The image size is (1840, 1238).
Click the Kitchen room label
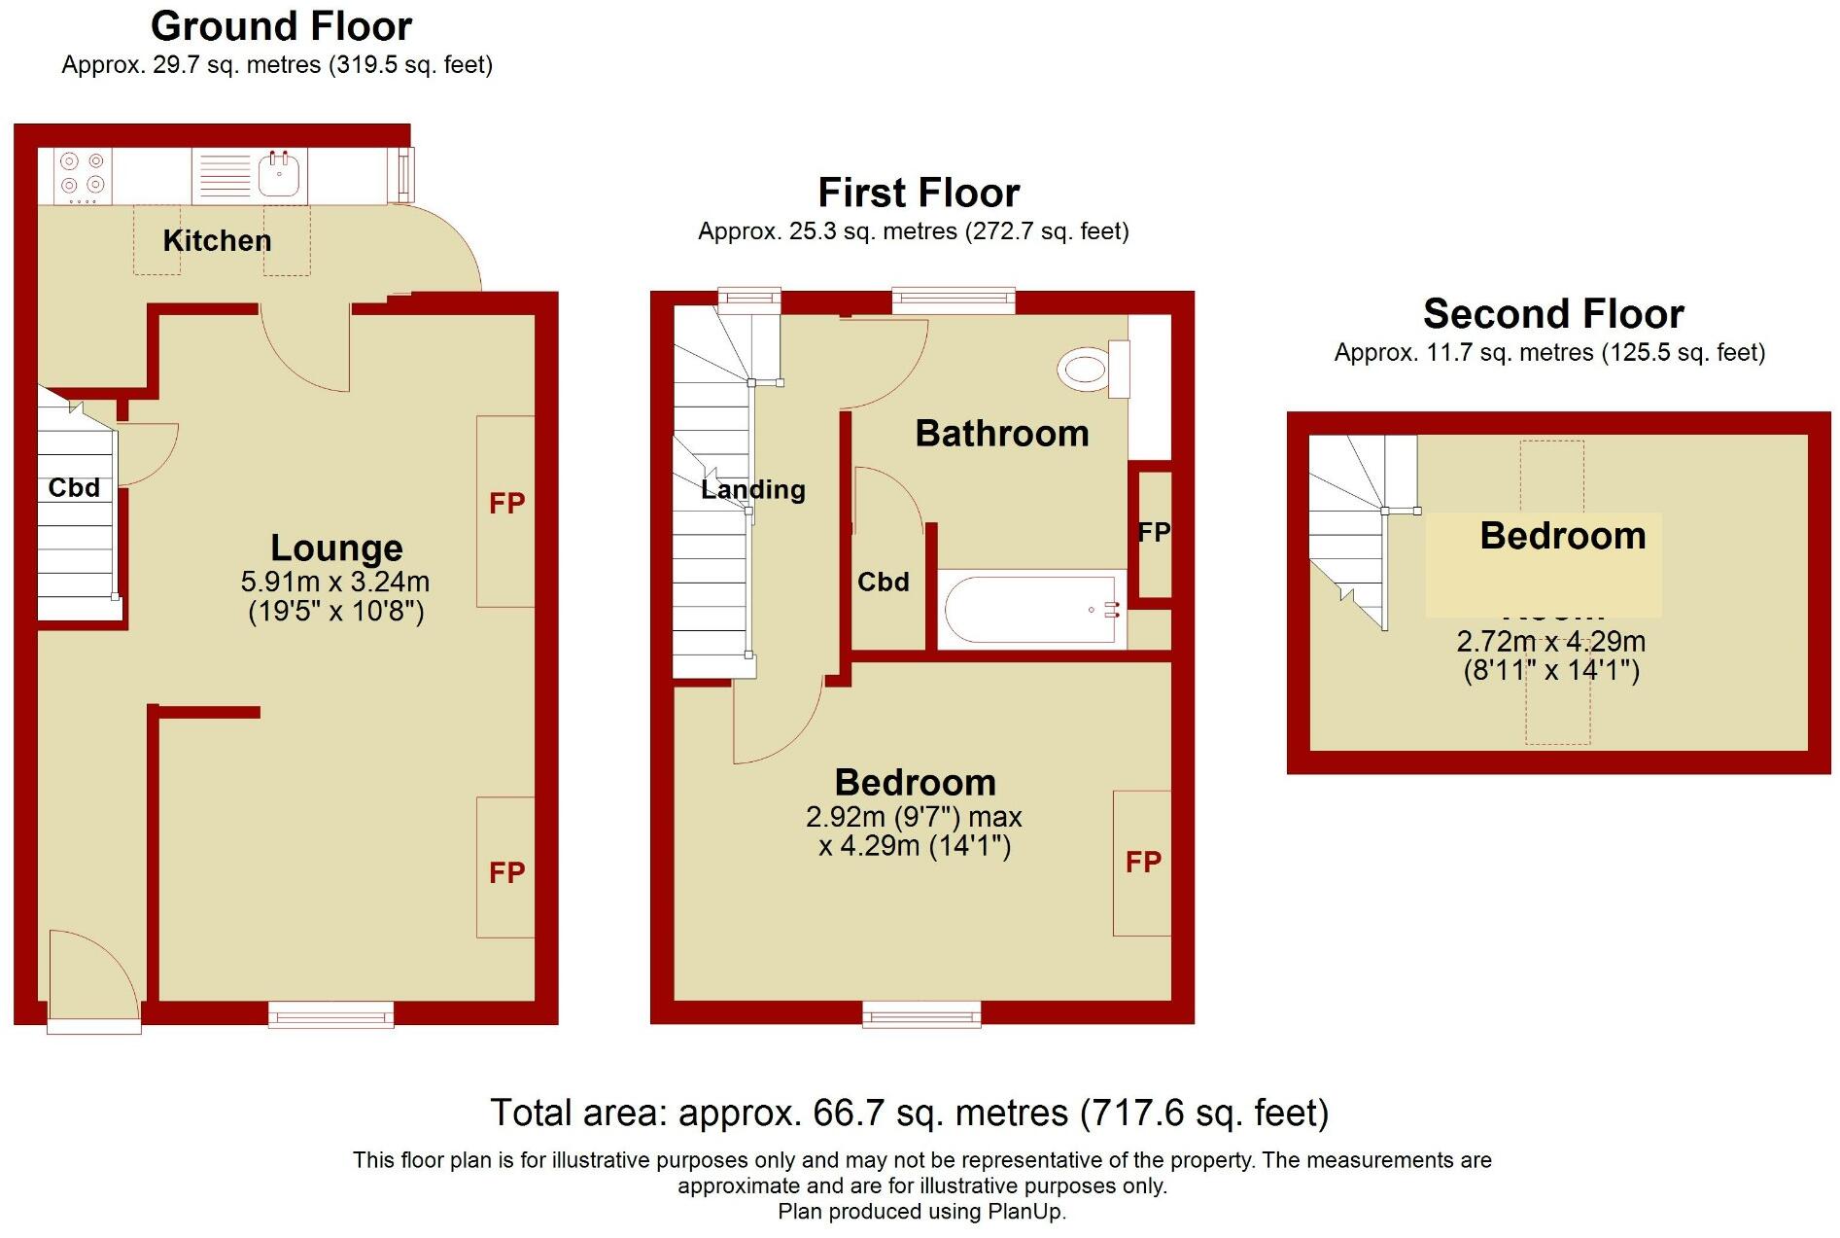(217, 240)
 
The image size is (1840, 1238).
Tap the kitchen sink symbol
(280, 176)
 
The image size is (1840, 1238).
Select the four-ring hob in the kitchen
(82, 174)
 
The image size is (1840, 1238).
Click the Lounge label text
(336, 548)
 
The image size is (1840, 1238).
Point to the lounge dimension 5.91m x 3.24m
(335, 582)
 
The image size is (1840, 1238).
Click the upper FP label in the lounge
(506, 503)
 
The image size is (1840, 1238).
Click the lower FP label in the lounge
(506, 872)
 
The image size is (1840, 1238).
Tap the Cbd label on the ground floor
(74, 487)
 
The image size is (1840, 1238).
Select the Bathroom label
(1002, 434)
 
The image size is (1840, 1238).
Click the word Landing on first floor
(753, 489)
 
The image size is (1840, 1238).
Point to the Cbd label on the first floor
(883, 582)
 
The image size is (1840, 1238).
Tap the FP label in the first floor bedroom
(1143, 862)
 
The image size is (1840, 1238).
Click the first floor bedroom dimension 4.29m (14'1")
(915, 845)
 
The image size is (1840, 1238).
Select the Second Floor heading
(1552, 314)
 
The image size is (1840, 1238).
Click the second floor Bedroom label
(1562, 536)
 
